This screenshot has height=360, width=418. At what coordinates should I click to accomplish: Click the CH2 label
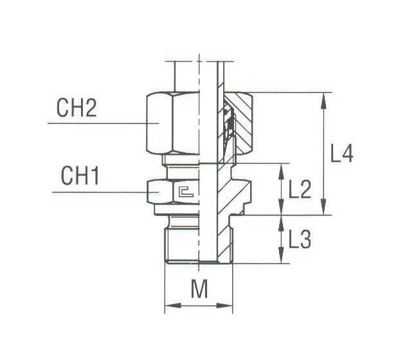[x=77, y=107]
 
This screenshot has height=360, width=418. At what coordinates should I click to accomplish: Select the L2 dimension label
[x=300, y=189]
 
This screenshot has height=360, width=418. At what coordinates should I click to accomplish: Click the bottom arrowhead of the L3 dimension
[x=281, y=260]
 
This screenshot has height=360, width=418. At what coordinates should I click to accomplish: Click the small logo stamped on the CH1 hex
[x=187, y=191]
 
